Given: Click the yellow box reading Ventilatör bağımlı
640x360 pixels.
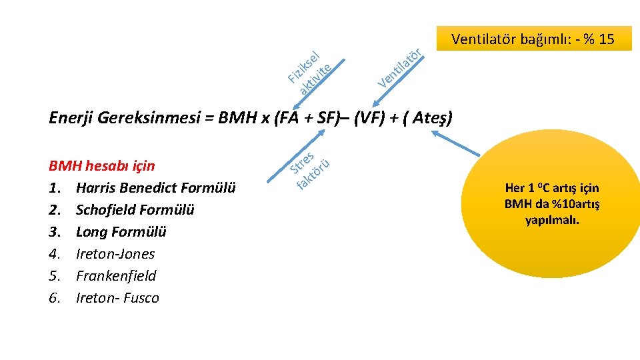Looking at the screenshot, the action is point(534,39).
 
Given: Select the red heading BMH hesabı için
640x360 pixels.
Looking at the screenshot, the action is point(101,166).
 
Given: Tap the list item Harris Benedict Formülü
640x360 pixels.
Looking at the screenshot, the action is point(155,188).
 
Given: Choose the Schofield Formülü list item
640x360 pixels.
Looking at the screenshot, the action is point(135,210).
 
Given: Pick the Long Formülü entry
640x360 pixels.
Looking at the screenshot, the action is point(121,232).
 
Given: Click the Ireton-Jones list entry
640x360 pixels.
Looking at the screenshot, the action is point(115,254).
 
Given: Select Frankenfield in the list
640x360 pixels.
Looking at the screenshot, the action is point(116,276).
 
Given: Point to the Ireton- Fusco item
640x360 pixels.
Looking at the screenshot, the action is point(117,298).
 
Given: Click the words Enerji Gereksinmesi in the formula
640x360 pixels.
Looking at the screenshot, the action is point(125,117).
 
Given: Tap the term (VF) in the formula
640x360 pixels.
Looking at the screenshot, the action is point(369,117).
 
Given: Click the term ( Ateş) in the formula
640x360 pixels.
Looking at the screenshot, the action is point(427,117).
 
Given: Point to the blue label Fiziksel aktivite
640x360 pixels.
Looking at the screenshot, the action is point(309,73).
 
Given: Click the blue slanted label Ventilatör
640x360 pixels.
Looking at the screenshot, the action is point(399,68).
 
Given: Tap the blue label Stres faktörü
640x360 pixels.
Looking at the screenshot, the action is point(309,170).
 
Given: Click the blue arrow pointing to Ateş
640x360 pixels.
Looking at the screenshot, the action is point(455,143).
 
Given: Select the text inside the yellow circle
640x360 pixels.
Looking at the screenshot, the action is point(552,204).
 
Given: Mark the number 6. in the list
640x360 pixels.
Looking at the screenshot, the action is point(55,298).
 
